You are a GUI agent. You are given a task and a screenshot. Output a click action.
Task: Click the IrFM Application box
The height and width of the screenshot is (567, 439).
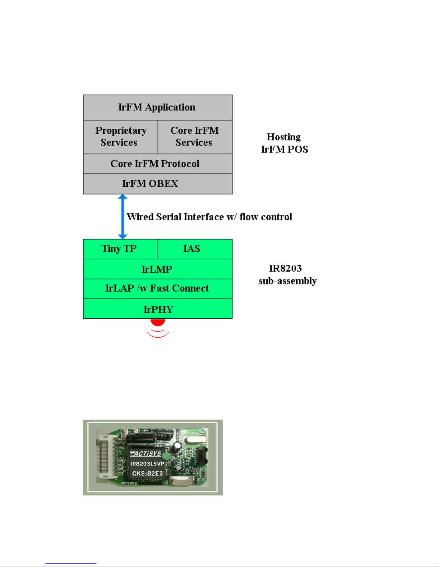pyautogui.click(x=157, y=107)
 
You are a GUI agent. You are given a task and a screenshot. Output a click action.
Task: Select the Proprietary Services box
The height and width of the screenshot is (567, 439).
pyautogui.click(x=120, y=137)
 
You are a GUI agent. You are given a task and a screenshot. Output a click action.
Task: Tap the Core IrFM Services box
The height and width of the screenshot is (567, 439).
pyautogui.click(x=195, y=137)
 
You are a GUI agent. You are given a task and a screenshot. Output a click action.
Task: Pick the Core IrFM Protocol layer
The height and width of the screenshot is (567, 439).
pyautogui.click(x=157, y=164)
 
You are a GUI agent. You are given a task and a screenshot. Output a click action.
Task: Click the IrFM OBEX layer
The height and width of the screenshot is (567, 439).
pyautogui.click(x=157, y=184)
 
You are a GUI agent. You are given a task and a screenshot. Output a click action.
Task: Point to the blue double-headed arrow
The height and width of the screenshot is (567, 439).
pyautogui.click(x=123, y=217)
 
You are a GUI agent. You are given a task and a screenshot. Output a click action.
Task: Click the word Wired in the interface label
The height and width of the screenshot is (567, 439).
pyautogui.click(x=140, y=217)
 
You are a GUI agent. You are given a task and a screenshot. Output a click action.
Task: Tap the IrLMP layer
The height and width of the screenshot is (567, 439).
pyautogui.click(x=157, y=269)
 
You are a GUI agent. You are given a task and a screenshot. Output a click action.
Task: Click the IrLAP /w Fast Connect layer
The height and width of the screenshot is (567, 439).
pyautogui.click(x=157, y=288)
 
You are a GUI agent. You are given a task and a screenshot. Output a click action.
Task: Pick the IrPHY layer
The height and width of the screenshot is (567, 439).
pyautogui.click(x=157, y=309)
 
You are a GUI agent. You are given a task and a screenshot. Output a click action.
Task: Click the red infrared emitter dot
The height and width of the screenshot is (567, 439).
pyautogui.click(x=158, y=322)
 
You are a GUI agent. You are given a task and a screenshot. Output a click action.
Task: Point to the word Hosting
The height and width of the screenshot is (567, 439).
pyautogui.click(x=283, y=137)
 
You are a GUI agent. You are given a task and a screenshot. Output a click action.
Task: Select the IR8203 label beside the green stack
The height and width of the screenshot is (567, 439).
pyautogui.click(x=285, y=268)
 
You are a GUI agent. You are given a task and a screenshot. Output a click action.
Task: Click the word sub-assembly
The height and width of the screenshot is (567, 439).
pyautogui.click(x=288, y=281)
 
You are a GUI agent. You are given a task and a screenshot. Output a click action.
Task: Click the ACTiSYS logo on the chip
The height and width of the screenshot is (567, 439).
pyautogui.click(x=146, y=454)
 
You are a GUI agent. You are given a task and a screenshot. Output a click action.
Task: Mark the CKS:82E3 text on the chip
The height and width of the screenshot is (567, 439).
pyautogui.click(x=147, y=473)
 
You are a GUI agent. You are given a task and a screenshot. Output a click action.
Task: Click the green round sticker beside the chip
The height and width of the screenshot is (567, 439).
pyautogui.click(x=166, y=456)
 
